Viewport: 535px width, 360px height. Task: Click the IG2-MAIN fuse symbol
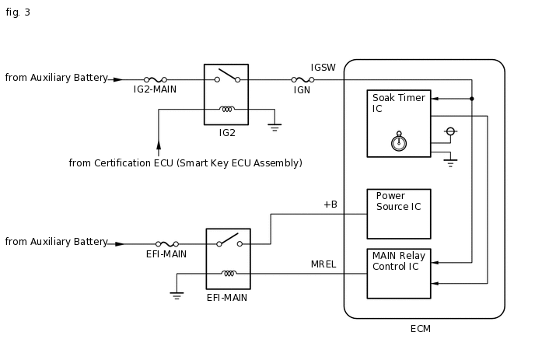click(156, 80)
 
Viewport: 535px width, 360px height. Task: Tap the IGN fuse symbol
click(302, 80)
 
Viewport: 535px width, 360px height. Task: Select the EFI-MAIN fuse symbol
click(167, 244)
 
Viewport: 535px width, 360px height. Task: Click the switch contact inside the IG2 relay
click(227, 75)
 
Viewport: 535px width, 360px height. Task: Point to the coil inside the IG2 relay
click(227, 109)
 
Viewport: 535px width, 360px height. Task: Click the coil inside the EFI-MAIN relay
click(229, 274)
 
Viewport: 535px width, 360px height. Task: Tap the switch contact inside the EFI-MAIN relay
click(229, 240)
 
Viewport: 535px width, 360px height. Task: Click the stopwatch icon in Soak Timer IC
click(398, 142)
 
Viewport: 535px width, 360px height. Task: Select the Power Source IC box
click(399, 214)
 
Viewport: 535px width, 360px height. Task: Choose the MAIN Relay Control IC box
click(399, 274)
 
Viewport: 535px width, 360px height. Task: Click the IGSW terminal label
click(323, 68)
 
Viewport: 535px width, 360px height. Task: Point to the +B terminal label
click(330, 204)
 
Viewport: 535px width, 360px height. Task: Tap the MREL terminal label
click(323, 264)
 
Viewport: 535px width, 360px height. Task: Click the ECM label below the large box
click(421, 329)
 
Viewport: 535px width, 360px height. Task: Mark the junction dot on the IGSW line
click(472, 99)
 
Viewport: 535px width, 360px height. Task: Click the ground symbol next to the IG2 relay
click(274, 128)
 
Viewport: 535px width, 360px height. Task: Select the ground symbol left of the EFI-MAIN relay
click(177, 295)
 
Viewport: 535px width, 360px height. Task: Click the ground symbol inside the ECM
click(451, 163)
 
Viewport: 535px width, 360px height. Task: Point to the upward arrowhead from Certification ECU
click(159, 145)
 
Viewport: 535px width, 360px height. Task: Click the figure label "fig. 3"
click(18, 12)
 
